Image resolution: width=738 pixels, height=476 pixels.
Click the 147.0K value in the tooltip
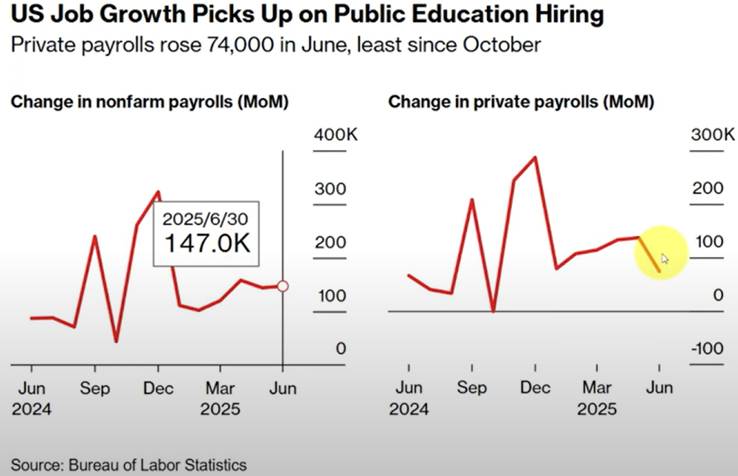(207, 244)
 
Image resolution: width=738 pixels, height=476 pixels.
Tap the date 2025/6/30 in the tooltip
(205, 219)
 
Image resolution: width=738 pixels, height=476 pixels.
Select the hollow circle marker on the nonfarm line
(283, 286)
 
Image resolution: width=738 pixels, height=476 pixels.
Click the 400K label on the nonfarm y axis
(336, 134)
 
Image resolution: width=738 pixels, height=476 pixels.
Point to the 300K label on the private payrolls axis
(713, 134)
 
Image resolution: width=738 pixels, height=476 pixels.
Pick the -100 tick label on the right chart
(708, 348)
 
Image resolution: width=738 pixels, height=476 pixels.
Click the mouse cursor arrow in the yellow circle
(664, 259)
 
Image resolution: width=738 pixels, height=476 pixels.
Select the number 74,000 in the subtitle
(240, 45)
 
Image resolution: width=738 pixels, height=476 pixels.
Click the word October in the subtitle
(502, 45)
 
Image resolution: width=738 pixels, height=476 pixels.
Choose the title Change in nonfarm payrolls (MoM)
(150, 102)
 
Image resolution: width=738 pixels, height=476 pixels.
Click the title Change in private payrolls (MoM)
(521, 102)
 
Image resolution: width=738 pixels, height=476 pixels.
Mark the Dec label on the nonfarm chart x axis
(158, 388)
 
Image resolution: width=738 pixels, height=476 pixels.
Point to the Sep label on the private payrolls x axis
(471, 388)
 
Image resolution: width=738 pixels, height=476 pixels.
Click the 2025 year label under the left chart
(220, 408)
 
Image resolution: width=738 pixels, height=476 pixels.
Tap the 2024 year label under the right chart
(408, 408)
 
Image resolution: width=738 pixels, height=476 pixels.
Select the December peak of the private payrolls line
(535, 157)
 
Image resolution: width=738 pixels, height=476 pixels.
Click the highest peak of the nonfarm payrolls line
(159, 192)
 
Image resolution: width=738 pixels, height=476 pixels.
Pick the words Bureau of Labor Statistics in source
(157, 465)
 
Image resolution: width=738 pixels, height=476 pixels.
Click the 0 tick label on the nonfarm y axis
(341, 348)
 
